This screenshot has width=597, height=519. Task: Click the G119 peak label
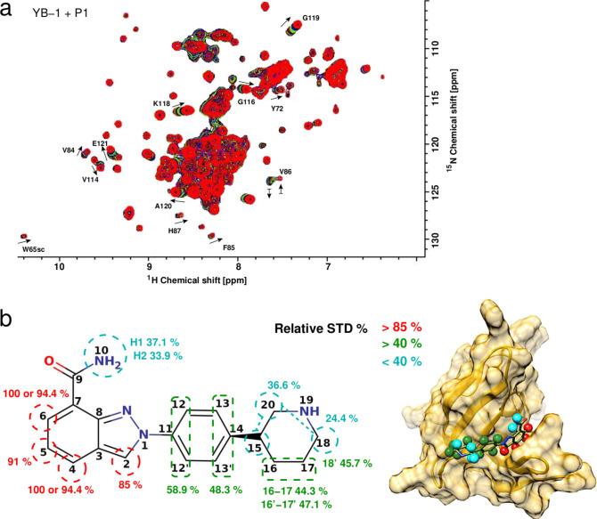tap(311, 17)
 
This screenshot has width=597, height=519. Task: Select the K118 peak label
tap(161, 104)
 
